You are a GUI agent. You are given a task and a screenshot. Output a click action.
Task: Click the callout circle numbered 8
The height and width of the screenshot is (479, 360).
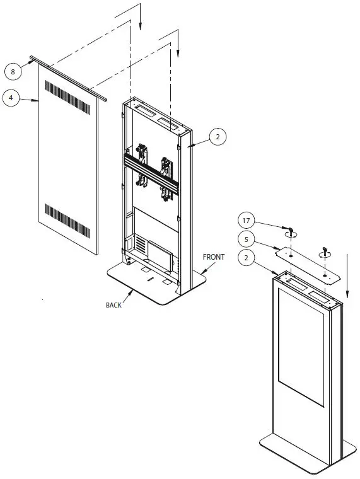tap(13, 72)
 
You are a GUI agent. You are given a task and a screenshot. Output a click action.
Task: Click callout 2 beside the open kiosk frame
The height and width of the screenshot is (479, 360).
tap(217, 136)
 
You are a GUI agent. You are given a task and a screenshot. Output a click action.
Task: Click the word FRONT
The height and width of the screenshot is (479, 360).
tap(213, 257)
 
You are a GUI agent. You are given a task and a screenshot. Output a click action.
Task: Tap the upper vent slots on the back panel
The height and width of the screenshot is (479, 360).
tap(68, 98)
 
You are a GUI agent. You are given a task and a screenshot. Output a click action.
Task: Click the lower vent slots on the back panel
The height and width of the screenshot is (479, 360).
tap(68, 217)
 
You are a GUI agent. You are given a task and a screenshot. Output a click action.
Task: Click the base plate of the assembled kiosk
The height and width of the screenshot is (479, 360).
tap(296, 457)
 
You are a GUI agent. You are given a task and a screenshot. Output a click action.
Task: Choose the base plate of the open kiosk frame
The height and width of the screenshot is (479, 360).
tap(145, 284)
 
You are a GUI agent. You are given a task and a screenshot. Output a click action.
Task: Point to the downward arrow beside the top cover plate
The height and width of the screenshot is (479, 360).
tap(347, 277)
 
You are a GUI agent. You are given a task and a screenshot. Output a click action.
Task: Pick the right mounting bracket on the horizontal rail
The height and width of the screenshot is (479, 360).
tap(167, 176)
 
